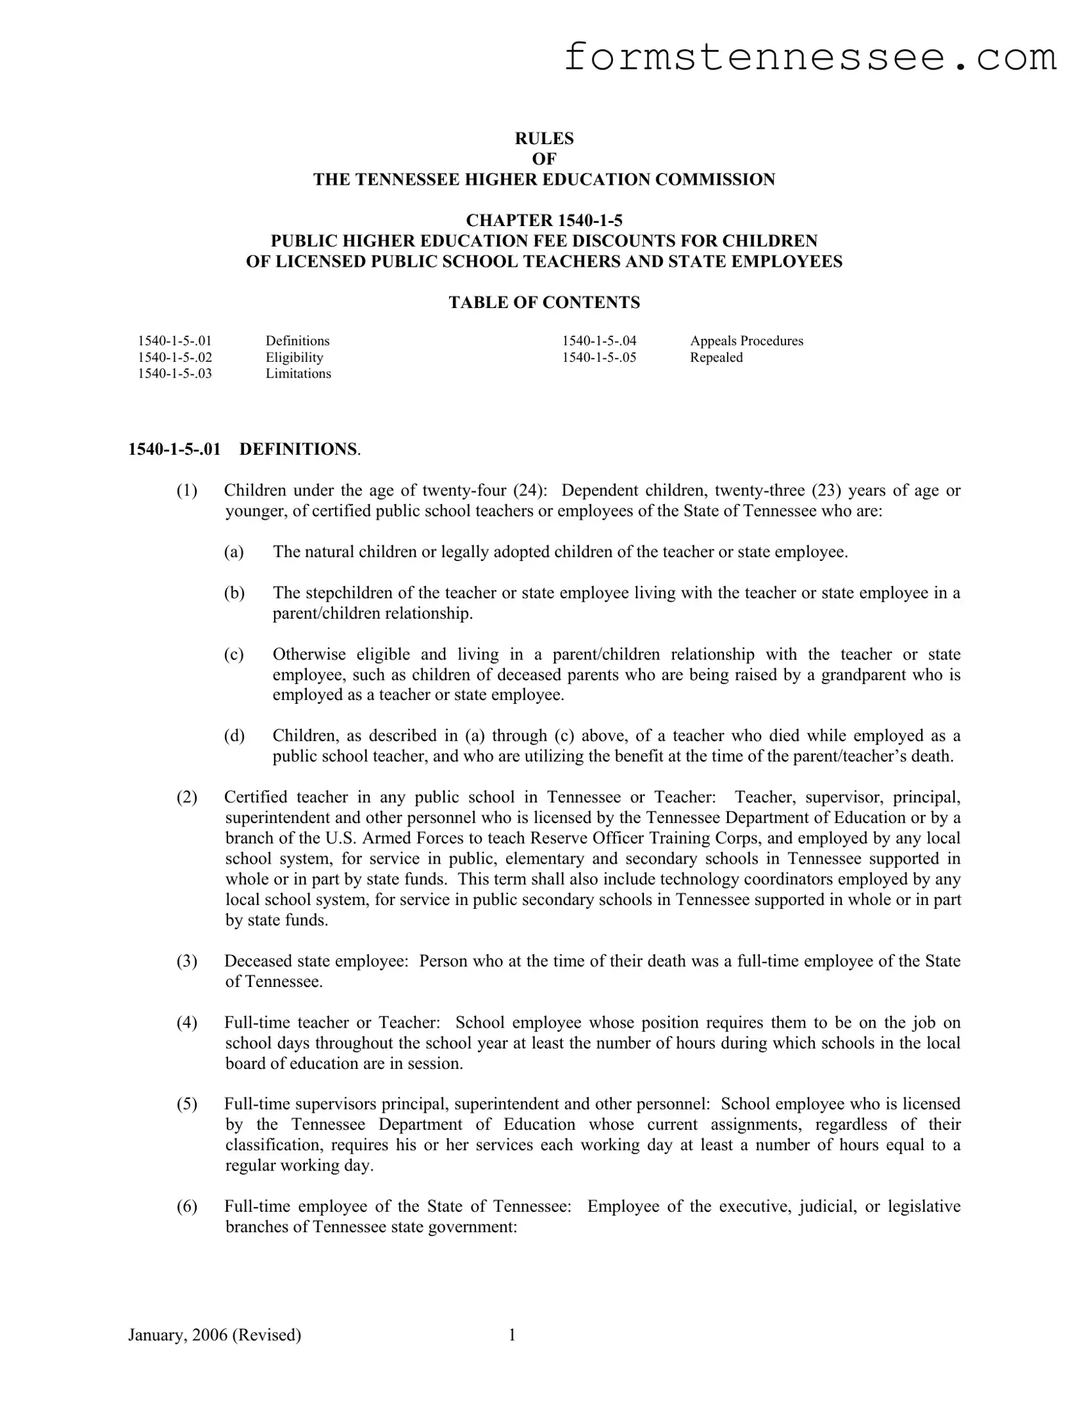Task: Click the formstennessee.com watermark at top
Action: coord(810,58)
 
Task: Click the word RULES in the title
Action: coord(544,138)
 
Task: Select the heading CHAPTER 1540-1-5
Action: coord(544,220)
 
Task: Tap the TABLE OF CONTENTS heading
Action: coord(544,302)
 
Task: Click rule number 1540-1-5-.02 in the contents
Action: coord(175,357)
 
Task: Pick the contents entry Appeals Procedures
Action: coord(746,341)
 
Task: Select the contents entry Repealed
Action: coord(716,357)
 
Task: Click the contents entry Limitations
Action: coord(298,374)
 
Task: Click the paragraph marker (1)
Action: coord(187,490)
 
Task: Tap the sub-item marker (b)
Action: coord(234,592)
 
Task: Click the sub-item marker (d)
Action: coord(234,735)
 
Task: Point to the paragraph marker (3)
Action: coord(187,961)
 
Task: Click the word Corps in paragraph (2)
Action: coord(772,838)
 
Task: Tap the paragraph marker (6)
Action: coord(187,1206)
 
